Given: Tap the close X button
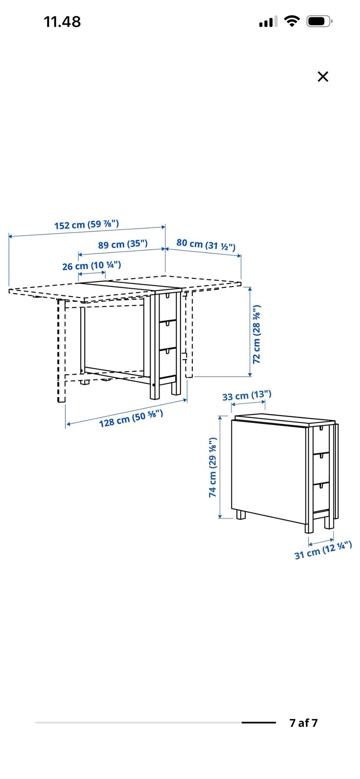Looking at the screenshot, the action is point(322,77).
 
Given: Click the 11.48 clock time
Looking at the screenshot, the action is point(62,22).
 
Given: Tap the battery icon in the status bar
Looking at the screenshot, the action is point(319,21).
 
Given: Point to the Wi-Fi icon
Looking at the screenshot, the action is point(292,21).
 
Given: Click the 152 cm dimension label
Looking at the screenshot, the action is point(87,225).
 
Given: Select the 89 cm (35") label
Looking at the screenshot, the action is point(123,244).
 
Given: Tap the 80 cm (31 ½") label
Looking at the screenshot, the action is point(206,245).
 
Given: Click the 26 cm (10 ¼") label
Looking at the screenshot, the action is point(91,266).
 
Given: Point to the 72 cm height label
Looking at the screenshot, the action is point(257,334).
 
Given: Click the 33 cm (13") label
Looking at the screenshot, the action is point(247,395).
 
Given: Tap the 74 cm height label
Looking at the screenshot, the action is point(213,467).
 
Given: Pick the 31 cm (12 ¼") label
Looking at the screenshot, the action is point(323,550).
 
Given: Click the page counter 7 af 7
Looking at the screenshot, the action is point(303,723).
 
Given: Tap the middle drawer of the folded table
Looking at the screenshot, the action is point(321,467).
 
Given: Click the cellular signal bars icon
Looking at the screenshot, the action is point(268,22).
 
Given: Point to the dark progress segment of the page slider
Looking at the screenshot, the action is point(259,723).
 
